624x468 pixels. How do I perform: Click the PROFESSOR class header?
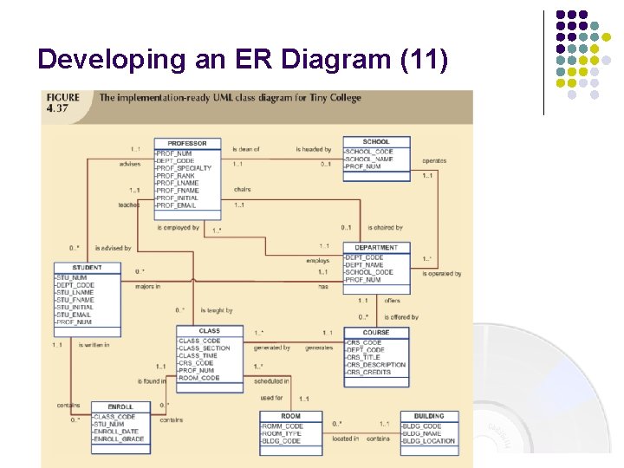pyautogui.click(x=187, y=143)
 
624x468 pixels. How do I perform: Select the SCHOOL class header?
pyautogui.click(x=376, y=141)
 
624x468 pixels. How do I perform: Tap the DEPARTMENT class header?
pyautogui.click(x=376, y=248)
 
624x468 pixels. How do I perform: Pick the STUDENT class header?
pyautogui.click(x=87, y=268)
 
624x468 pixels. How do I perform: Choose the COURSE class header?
pyautogui.click(x=376, y=332)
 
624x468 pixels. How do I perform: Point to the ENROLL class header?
pyautogui.click(x=120, y=406)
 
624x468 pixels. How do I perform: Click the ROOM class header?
pyautogui.click(x=290, y=416)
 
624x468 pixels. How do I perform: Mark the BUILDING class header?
pyautogui.click(x=429, y=416)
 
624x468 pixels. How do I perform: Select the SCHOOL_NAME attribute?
pyautogui.click(x=369, y=159)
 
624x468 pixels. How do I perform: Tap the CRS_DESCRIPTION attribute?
pyautogui.click(x=376, y=365)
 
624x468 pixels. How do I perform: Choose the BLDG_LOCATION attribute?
pyautogui.click(x=428, y=441)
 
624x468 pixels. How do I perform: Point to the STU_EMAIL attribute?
pyautogui.click(x=74, y=315)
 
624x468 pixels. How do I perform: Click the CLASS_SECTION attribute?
pyautogui.click(x=204, y=348)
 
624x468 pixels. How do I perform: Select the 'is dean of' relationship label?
pyautogui.click(x=246, y=149)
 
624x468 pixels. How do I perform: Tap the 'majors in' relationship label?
pyautogui.click(x=147, y=286)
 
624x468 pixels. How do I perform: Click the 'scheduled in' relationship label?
pyautogui.click(x=271, y=381)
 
